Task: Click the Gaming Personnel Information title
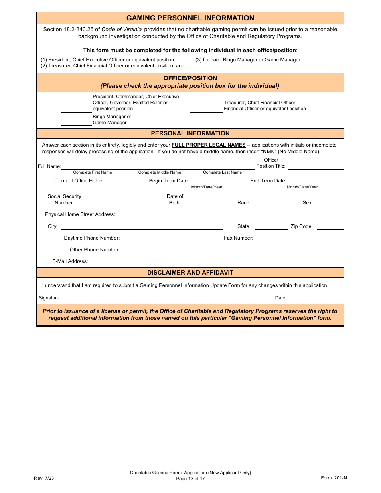[x=190, y=18]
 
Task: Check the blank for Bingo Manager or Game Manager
[x=76, y=123]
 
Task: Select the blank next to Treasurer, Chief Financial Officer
[x=206, y=109]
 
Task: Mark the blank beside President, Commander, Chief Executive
[x=76, y=109]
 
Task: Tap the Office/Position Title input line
[x=315, y=166]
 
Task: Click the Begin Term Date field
[x=206, y=181]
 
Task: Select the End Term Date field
[x=302, y=181]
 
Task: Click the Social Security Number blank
[x=126, y=203]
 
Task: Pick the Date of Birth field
[x=206, y=203]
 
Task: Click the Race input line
[x=271, y=203]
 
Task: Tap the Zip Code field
[x=330, y=226]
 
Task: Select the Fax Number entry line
[x=299, y=238]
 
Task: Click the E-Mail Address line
[x=217, y=261]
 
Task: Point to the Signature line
[x=158, y=298]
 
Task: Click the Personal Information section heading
[x=190, y=133]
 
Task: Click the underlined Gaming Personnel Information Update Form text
[x=190, y=285]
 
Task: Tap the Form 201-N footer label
[x=334, y=477]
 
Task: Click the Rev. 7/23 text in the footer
[x=44, y=478]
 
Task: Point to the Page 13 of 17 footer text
[x=190, y=479]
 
